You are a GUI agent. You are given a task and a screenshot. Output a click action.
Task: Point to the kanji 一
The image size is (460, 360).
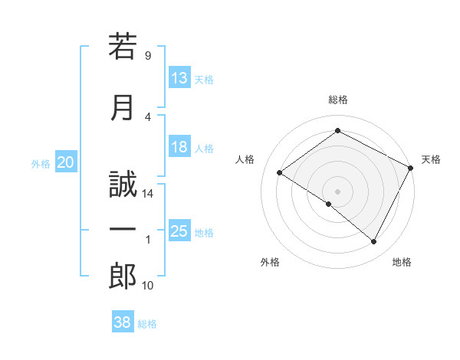[123, 229]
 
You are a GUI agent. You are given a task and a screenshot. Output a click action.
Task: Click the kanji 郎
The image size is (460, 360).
[123, 276]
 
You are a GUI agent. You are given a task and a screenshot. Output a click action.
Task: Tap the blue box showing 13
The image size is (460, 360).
[179, 77]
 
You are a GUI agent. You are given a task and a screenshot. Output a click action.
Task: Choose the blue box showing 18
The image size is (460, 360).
[179, 147]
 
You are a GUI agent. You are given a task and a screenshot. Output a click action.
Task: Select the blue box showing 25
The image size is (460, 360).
[179, 231]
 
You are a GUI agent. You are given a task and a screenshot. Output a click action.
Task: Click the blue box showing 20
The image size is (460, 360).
[66, 162]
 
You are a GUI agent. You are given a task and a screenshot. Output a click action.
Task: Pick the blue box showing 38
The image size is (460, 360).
[123, 322]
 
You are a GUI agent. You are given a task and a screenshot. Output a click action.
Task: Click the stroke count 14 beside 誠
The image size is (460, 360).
[149, 194]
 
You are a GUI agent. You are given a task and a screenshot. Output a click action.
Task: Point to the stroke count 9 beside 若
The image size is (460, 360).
[147, 56]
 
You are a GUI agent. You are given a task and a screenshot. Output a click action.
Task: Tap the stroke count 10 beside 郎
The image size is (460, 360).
[149, 286]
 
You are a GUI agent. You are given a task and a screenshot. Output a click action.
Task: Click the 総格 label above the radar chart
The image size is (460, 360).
[337, 100]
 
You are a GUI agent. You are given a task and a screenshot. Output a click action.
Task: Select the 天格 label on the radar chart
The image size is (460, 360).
[431, 159]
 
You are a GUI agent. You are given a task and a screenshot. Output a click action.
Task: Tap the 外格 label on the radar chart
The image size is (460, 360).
[270, 262]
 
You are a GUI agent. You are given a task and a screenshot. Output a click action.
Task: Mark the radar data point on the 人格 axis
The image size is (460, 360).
[280, 173]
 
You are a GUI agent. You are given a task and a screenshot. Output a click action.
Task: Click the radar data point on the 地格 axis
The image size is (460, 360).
[374, 242]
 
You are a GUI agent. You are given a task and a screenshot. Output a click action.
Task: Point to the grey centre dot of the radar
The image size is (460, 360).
[337, 190]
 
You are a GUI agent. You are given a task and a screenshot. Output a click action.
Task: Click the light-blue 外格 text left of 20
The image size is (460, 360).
[41, 163]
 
